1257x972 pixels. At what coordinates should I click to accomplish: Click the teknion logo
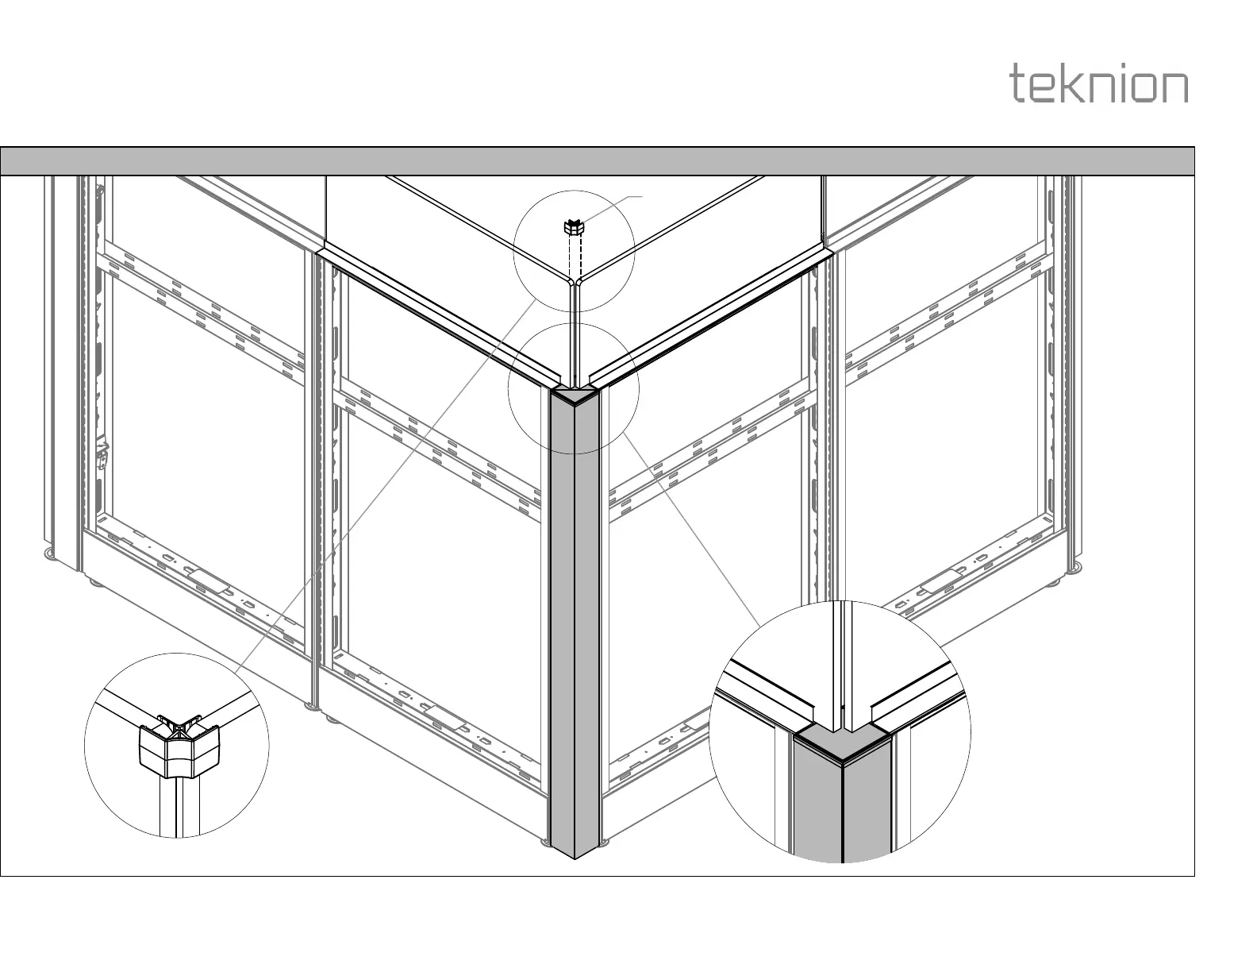click(1099, 83)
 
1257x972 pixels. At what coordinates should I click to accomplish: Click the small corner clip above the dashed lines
click(574, 228)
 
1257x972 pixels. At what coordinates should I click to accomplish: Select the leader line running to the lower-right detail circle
click(690, 524)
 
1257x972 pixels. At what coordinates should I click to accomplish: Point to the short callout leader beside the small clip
click(615, 205)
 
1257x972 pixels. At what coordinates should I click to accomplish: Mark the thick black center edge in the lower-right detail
click(841, 810)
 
